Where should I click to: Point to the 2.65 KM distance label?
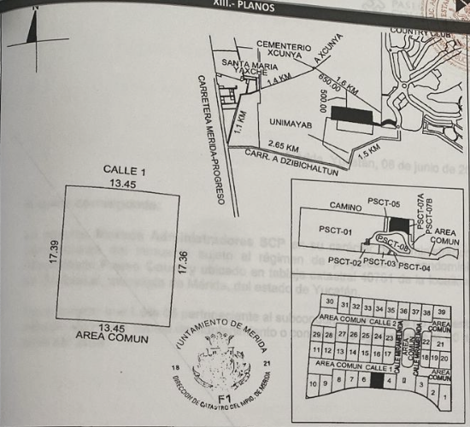283,146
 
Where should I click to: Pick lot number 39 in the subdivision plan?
441,312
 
